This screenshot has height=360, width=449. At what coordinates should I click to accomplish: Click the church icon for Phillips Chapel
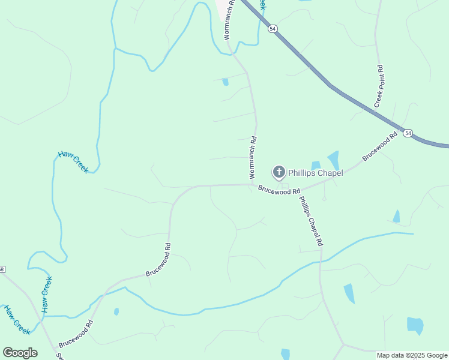pyautogui.click(x=279, y=173)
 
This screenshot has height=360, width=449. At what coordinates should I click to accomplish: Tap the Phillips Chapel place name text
pyautogui.click(x=315, y=173)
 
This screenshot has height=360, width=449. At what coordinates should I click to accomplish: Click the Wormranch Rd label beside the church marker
pyautogui.click(x=253, y=157)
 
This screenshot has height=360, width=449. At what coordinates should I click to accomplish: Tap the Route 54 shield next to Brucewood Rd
pyautogui.click(x=408, y=133)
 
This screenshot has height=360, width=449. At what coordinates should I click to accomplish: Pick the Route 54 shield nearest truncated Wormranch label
pyautogui.click(x=273, y=29)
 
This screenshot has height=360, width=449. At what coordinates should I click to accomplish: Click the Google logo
pyautogui.click(x=20, y=352)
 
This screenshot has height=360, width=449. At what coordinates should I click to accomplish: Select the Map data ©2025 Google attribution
pyautogui.click(x=412, y=355)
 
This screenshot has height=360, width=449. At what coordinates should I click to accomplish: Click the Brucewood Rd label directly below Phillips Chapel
pyautogui.click(x=279, y=190)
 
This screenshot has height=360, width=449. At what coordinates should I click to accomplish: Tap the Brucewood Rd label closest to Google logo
pyautogui.click(x=76, y=334)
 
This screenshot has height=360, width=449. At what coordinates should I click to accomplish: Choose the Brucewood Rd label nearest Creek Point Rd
pyautogui.click(x=380, y=146)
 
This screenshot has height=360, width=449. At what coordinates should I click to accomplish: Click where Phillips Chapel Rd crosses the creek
pyautogui.click(x=321, y=261)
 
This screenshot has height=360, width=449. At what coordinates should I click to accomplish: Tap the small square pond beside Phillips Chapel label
pyautogui.click(x=316, y=165)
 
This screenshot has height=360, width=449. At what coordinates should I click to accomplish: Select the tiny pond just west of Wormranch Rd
pyautogui.click(x=225, y=82)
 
